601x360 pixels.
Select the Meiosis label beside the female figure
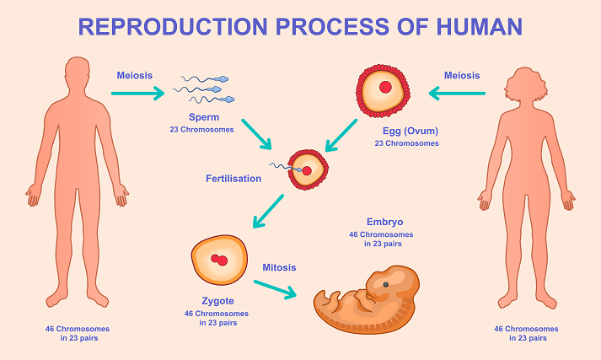pos(462,75)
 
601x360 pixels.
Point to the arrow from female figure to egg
pos(460,93)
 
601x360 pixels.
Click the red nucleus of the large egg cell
pos(385,88)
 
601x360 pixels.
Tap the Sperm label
pos(204,118)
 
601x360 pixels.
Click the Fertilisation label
pos(233,179)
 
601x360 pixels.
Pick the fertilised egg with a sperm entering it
pos(307,169)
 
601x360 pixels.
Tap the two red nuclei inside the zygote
pos(220,260)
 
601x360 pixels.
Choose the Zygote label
pos(218,301)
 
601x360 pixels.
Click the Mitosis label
pos(279,267)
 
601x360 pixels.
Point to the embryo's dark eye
pos(386,284)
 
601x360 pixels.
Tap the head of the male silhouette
pos(78,73)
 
